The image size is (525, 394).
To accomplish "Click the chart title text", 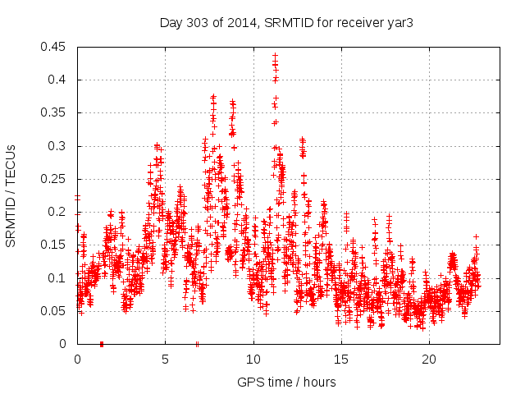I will pyautogui.click(x=285, y=23).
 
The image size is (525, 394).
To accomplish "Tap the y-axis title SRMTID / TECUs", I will pyautogui.click(x=11, y=195).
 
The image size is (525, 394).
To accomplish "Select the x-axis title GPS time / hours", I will pyautogui.click(x=285, y=382).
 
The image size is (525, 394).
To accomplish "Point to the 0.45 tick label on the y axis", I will pyautogui.click(x=56, y=47).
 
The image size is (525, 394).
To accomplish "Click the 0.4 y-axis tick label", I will pyautogui.click(x=59, y=80).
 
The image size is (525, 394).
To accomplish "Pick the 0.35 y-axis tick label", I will pyautogui.click(x=56, y=112).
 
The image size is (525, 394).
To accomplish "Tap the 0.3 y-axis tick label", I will pyautogui.click(x=59, y=146).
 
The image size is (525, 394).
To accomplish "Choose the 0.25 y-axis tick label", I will pyautogui.click(x=56, y=179).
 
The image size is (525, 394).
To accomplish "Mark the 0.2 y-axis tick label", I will pyautogui.click(x=59, y=212).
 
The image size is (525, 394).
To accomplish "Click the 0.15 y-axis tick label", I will pyautogui.click(x=56, y=245).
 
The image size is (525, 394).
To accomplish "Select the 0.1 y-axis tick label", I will pyautogui.click(x=59, y=277).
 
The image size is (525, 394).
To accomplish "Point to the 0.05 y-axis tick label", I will pyautogui.click(x=56, y=311).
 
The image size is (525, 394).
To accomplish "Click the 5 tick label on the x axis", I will pyautogui.click(x=165, y=360).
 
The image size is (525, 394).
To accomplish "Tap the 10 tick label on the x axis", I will pyautogui.click(x=253, y=360).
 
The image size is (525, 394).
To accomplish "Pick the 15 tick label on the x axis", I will pyautogui.click(x=341, y=360).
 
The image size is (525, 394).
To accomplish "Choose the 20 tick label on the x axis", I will pyautogui.click(x=429, y=360).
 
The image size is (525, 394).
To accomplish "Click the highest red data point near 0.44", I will pyautogui.click(x=276, y=56).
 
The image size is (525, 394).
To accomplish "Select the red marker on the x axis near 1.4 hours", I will pyautogui.click(x=102, y=343).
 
